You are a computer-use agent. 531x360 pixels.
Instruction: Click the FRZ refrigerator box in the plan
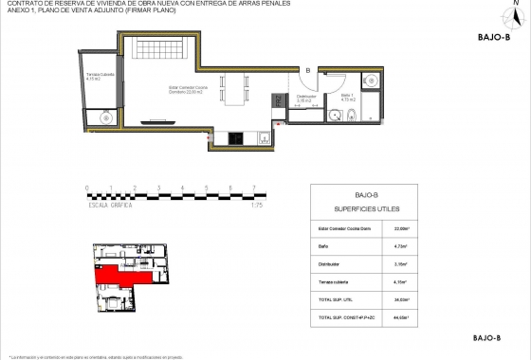pyautogui.click(x=278, y=100)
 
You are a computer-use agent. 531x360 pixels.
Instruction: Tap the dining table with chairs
pyautogui.click(x=234, y=92)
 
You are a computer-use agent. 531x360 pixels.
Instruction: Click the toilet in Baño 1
pyautogui.click(x=351, y=117)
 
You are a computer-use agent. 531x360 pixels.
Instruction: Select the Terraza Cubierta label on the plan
pyautogui.click(x=100, y=77)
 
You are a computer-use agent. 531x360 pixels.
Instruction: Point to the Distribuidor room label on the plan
pyautogui.click(x=305, y=98)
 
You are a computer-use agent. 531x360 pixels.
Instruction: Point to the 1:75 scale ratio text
pyautogui.click(x=255, y=205)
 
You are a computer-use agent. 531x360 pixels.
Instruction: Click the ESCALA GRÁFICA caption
pyautogui.click(x=110, y=205)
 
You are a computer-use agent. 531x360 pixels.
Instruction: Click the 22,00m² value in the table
pyautogui.click(x=400, y=227)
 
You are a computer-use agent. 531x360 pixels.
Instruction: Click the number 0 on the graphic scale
pyautogui.click(x=86, y=188)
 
